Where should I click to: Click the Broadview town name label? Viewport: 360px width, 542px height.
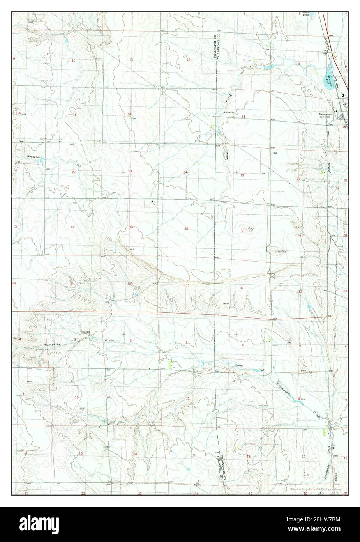[x=325, y=115]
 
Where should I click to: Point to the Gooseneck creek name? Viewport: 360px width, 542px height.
[x=34, y=157]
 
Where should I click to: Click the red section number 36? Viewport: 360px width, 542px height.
[x=187, y=285]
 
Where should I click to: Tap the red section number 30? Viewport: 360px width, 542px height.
[x=242, y=231]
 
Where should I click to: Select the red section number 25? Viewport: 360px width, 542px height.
[x=186, y=228]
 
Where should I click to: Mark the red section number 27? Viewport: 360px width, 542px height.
[x=72, y=227]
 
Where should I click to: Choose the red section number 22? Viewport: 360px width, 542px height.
[x=73, y=172]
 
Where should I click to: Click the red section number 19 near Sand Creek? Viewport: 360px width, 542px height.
[x=242, y=175]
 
